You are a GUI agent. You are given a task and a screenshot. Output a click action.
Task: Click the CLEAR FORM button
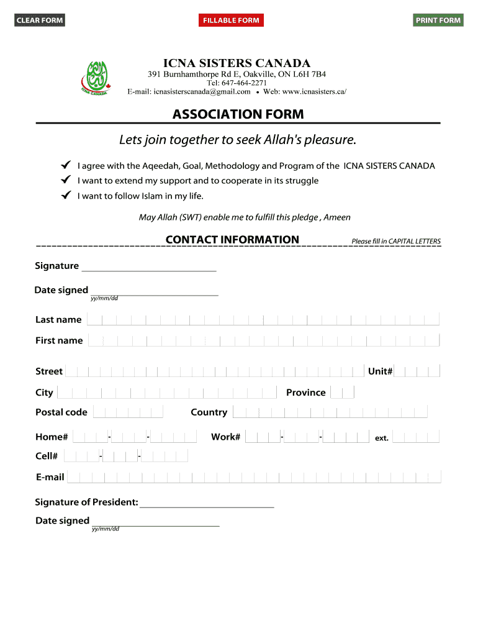tap(40, 20)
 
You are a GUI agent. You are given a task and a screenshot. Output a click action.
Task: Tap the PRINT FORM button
tap(438, 20)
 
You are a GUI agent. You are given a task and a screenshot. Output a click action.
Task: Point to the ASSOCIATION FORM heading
tap(238, 114)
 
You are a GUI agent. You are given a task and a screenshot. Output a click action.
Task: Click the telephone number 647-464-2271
tap(237, 83)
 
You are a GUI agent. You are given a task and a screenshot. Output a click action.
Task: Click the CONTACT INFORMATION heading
tap(232, 240)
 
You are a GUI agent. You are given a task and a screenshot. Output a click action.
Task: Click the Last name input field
tap(263, 320)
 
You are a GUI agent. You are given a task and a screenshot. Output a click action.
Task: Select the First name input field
tap(264, 340)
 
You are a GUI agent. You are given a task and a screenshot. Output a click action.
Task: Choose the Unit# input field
tap(417, 371)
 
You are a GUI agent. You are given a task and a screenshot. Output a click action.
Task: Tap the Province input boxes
tap(342, 393)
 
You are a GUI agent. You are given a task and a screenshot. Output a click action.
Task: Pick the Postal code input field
tap(128, 412)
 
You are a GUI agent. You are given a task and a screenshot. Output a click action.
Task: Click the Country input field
tap(330, 412)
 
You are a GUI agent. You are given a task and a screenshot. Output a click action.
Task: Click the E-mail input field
tap(253, 478)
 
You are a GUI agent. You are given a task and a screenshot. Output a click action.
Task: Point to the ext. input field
tap(416, 437)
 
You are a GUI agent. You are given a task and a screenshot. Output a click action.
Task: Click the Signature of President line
tap(207, 502)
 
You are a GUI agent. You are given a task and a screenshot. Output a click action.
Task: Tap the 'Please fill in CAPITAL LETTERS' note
tap(396, 242)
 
